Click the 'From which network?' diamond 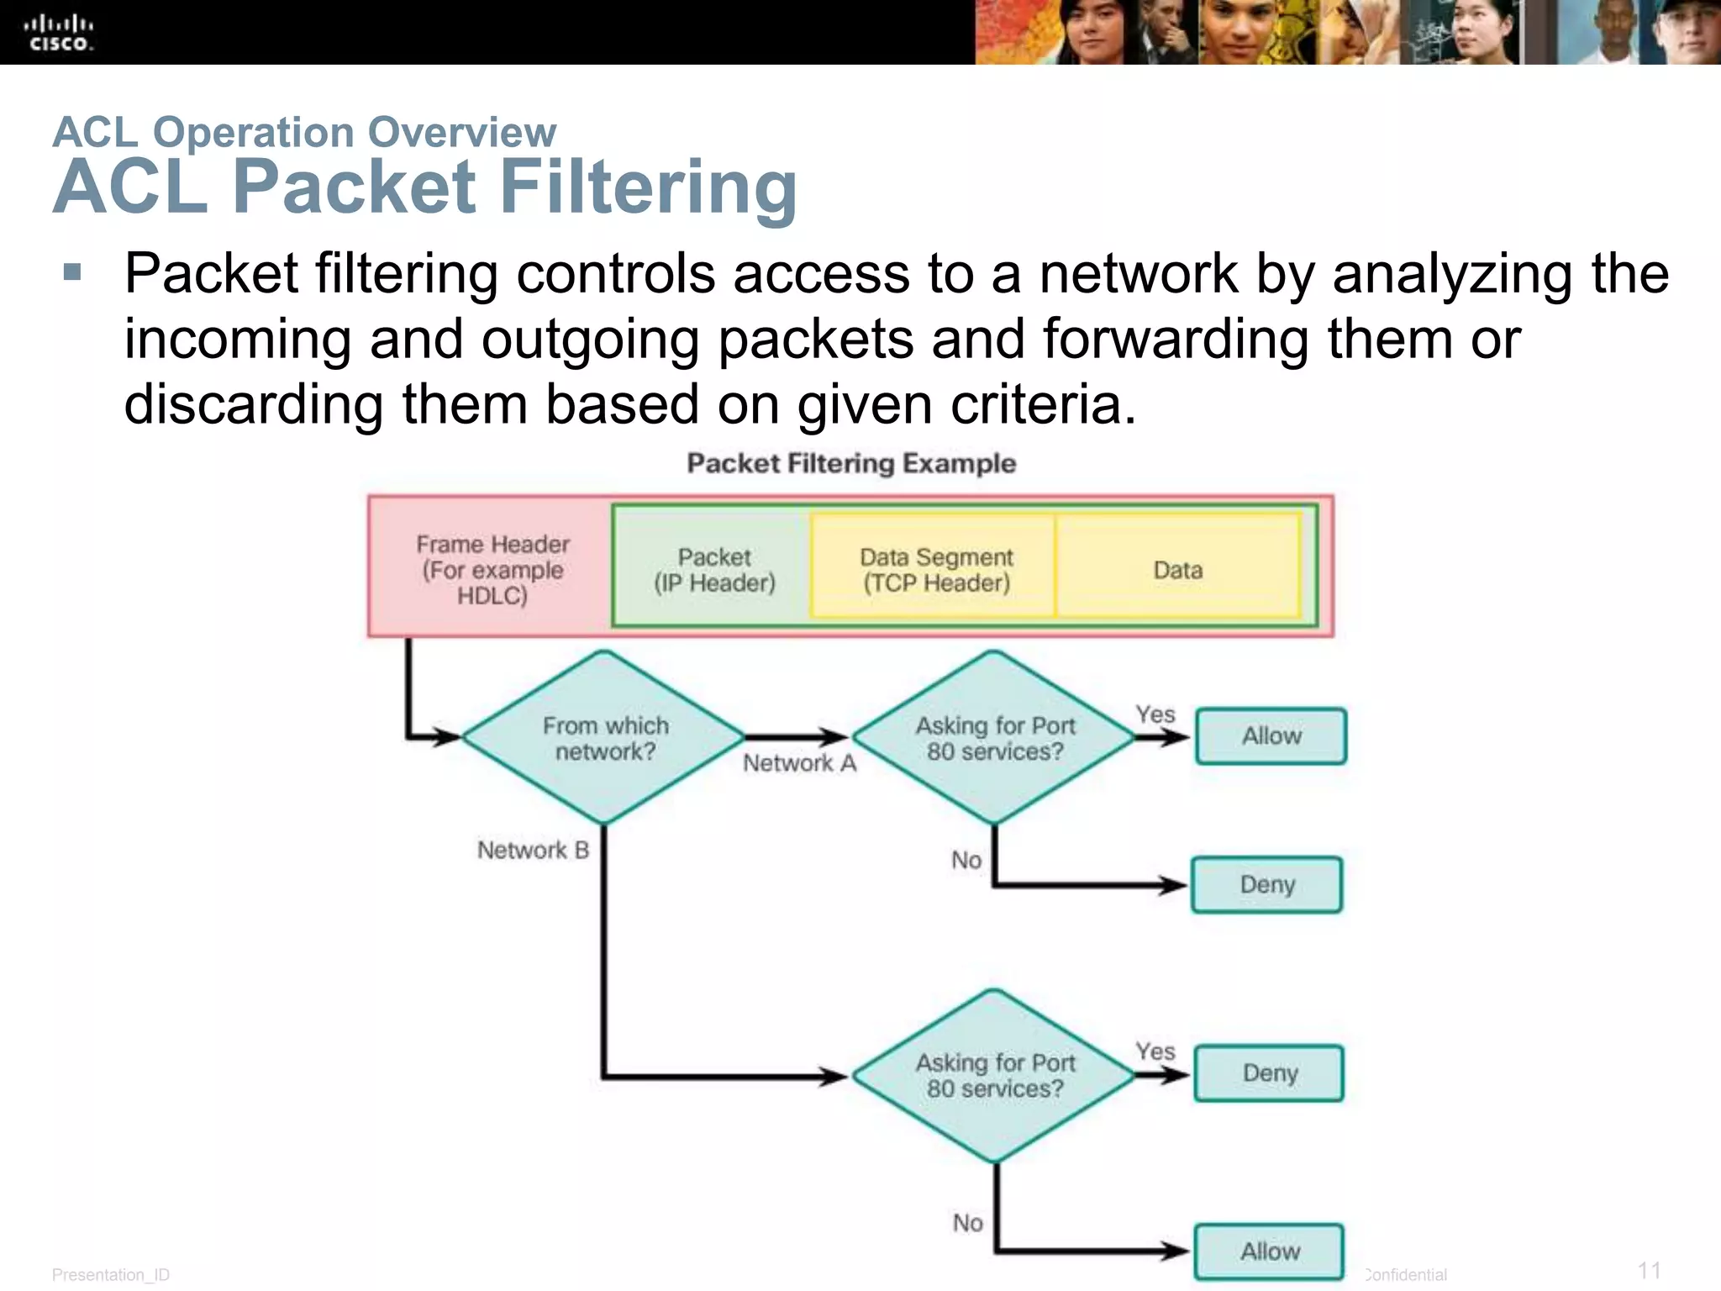tap(604, 737)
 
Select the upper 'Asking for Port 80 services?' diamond tap(994, 737)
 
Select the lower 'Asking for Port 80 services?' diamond tap(994, 1075)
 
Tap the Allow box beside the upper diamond tap(1271, 736)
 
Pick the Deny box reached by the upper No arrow tap(1266, 884)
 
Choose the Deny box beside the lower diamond tap(1269, 1073)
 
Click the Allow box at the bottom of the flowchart tap(1270, 1251)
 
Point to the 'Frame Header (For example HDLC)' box tap(492, 569)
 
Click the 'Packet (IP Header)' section tap(714, 569)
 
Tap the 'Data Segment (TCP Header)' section tap(935, 569)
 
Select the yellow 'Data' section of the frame tap(1177, 569)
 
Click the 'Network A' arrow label tap(799, 763)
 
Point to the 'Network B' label tap(533, 850)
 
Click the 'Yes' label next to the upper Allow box tap(1155, 714)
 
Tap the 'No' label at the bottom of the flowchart tap(967, 1222)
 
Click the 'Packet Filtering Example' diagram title tap(851, 463)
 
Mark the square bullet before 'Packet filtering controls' tap(72, 272)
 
